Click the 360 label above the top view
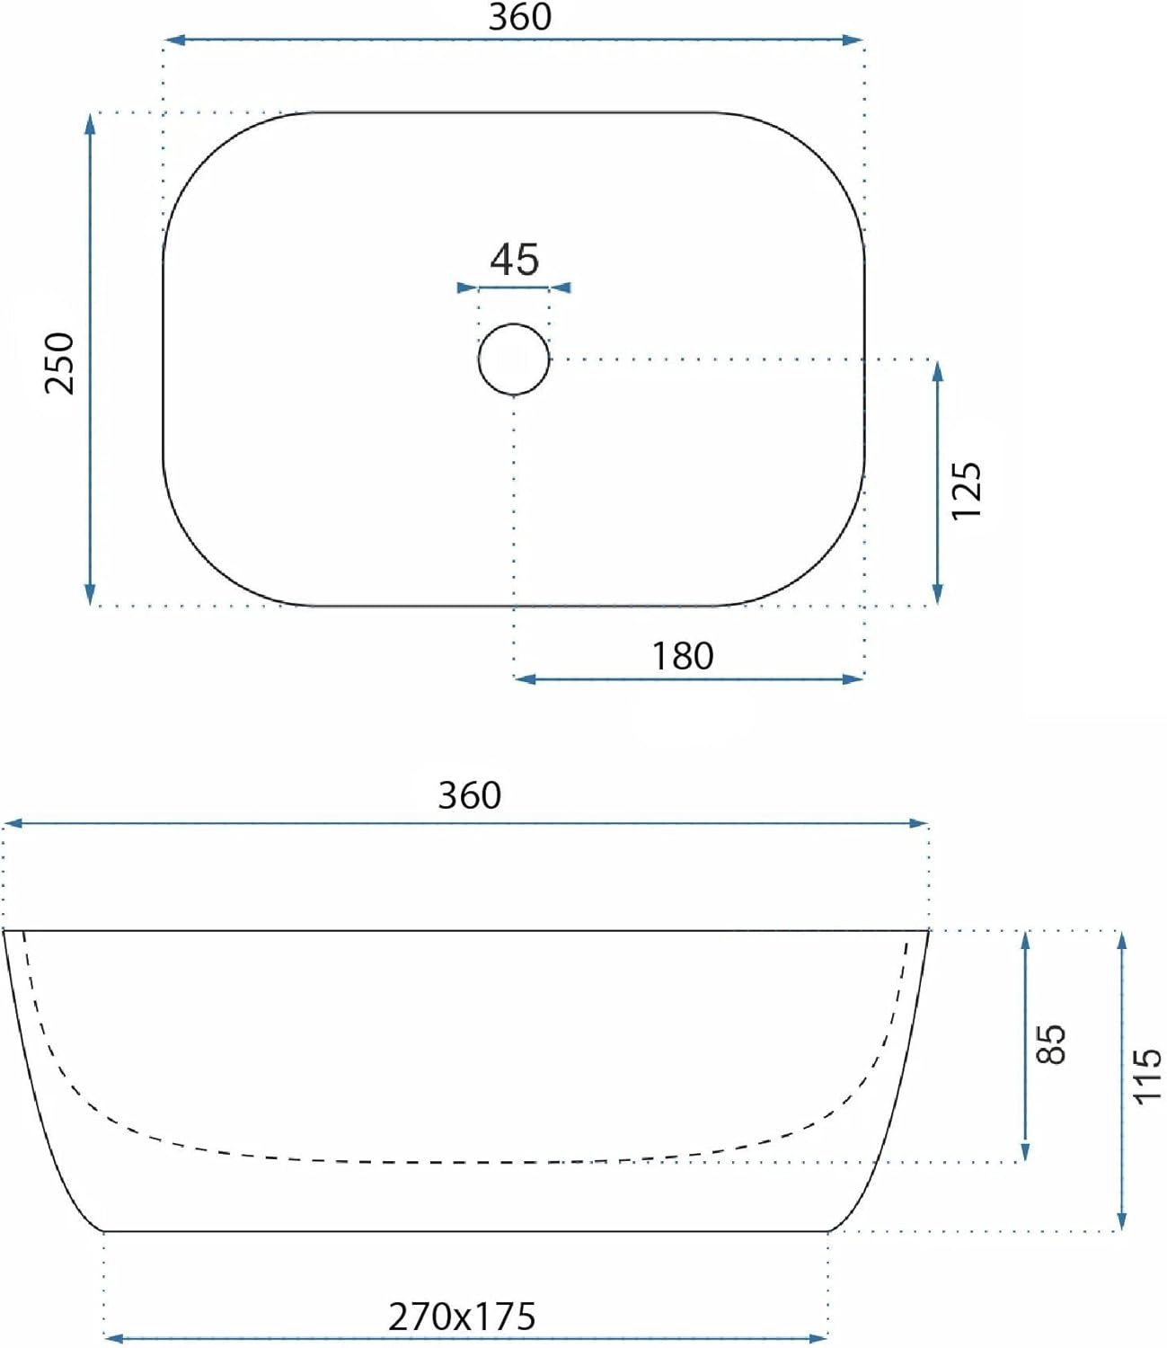click(x=519, y=17)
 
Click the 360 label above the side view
click(x=470, y=795)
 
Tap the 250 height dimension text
click(x=60, y=362)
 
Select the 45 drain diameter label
click(x=515, y=260)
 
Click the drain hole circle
click(x=514, y=359)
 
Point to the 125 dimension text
click(x=966, y=491)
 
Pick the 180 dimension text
click(x=683, y=657)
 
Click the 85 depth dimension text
click(x=1050, y=1044)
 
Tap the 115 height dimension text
click(x=1147, y=1077)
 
